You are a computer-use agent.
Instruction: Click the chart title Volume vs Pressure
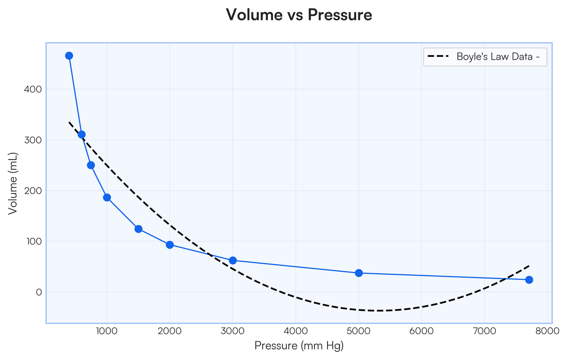(x=299, y=15)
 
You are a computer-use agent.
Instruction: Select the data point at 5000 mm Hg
(x=359, y=273)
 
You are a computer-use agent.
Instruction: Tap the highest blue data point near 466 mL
(x=69, y=55)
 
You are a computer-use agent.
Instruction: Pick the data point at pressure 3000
(x=233, y=261)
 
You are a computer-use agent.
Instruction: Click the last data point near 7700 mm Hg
(x=529, y=279)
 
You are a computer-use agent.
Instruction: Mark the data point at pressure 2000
(x=170, y=245)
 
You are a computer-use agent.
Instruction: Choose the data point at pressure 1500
(x=138, y=229)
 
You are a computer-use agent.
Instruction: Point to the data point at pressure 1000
(x=107, y=198)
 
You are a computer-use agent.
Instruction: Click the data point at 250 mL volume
(x=91, y=165)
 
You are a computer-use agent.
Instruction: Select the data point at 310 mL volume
(x=81, y=135)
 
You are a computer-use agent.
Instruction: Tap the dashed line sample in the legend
(x=438, y=57)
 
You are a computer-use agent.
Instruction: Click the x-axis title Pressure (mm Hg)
(x=299, y=346)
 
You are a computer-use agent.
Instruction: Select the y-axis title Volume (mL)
(x=13, y=183)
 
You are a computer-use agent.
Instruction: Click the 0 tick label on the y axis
(x=39, y=292)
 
